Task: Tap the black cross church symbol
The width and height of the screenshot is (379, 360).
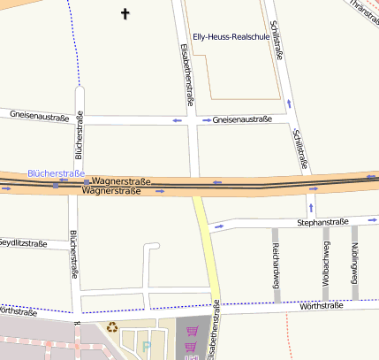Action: point(125,14)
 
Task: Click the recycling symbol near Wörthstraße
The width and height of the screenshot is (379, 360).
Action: point(112,327)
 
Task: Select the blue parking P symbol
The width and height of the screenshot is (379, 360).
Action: point(147,347)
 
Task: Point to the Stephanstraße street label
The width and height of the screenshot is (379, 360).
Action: point(323,222)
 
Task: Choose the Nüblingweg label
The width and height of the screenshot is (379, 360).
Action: point(354,259)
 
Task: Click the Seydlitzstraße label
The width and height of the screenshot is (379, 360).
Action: point(21,242)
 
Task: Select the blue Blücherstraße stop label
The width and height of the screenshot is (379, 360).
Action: point(56,173)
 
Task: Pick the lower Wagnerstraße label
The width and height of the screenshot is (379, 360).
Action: point(110,190)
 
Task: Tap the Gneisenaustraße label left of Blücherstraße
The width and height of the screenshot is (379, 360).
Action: point(37,115)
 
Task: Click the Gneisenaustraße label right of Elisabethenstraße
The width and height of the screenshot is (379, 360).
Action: point(242,119)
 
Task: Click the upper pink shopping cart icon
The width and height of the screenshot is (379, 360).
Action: point(192,331)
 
